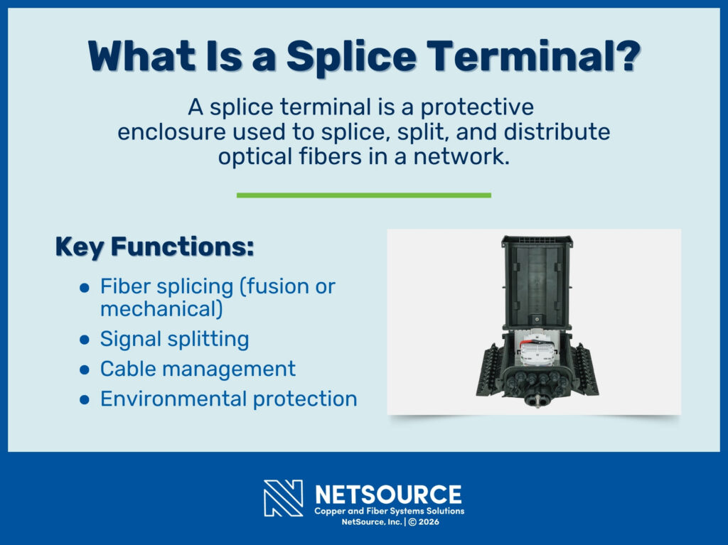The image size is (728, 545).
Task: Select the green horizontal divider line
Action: pos(363,195)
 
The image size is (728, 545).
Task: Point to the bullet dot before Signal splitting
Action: pos(85,340)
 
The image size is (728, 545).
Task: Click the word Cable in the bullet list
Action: pos(127,369)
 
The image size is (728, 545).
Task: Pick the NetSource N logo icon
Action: pos(283,498)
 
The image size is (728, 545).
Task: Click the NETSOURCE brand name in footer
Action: pos(387,494)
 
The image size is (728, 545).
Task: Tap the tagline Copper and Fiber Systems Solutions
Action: pos(389,511)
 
